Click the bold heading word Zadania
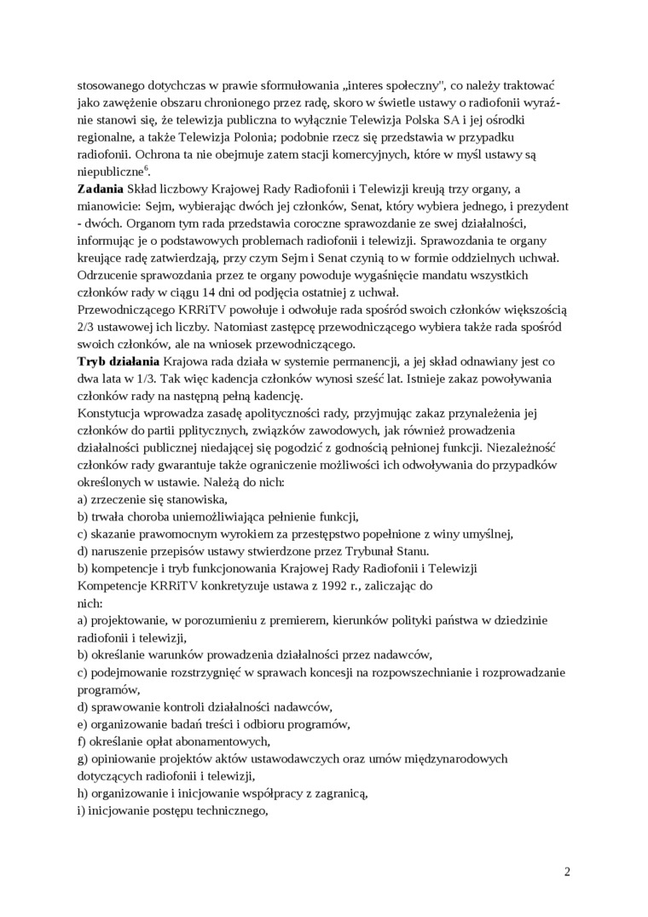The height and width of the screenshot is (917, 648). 100,188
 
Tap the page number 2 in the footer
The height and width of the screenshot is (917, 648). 567,872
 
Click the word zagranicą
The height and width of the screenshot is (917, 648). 338,793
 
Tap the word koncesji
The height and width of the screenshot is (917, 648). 322,672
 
